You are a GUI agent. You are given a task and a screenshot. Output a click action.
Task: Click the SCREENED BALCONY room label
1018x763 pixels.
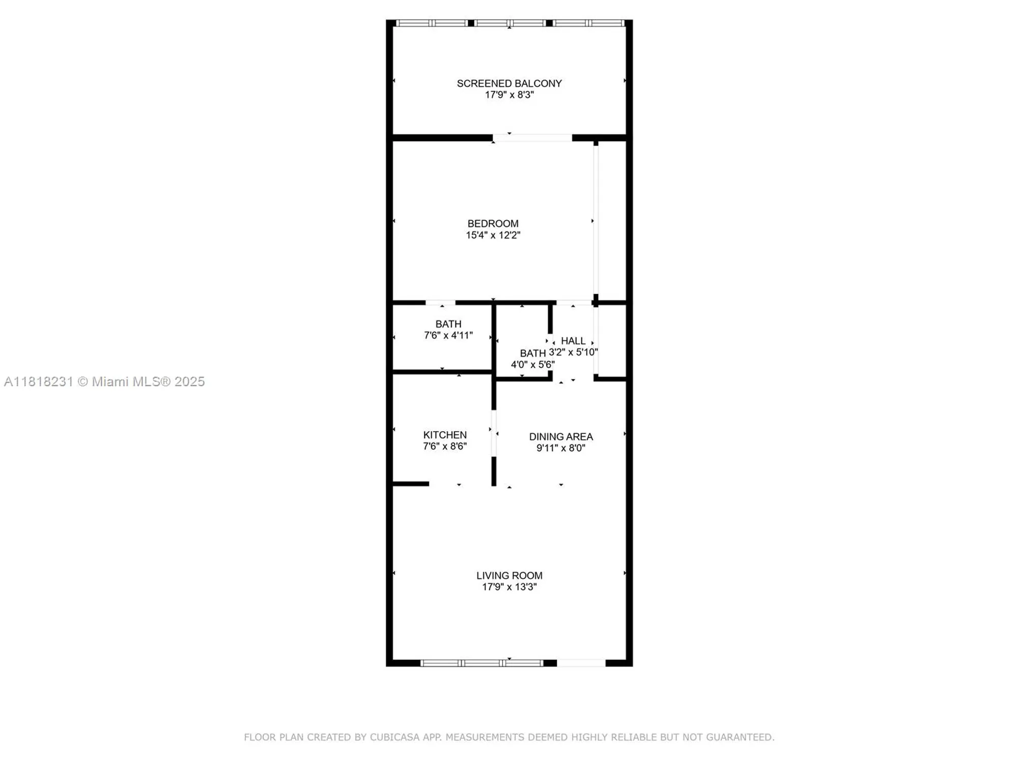509,83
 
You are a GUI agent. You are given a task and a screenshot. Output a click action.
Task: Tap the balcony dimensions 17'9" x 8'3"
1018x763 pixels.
509,95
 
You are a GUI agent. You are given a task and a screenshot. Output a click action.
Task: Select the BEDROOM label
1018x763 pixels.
493,224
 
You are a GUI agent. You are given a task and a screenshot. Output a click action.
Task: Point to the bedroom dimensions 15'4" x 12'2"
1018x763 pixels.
493,235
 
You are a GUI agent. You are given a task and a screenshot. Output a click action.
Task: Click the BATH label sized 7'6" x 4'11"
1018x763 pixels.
448,324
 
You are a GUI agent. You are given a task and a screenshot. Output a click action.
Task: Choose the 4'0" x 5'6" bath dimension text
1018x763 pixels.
532,365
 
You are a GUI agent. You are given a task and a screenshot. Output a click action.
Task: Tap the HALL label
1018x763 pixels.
573,341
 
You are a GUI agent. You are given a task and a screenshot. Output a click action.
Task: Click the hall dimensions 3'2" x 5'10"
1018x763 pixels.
573,352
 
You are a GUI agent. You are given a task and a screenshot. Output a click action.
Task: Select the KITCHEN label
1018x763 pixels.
445,435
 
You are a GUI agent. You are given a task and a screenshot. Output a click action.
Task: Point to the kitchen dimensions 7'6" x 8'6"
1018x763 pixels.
445,446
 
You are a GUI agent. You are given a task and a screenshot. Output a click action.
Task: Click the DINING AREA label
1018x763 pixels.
561,437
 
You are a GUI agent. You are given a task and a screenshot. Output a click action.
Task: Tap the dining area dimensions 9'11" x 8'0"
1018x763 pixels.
561,448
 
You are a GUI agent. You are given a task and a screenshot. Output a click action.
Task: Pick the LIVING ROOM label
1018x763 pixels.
509,575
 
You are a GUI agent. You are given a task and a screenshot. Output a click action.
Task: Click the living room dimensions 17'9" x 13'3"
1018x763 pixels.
509,587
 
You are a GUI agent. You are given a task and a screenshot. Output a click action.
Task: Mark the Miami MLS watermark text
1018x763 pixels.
104,382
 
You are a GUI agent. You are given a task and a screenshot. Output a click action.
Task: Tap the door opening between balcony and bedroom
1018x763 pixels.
532,138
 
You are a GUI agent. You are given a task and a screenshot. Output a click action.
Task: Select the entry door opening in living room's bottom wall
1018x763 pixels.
581,663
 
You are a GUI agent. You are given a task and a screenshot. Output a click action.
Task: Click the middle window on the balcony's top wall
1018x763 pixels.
510,23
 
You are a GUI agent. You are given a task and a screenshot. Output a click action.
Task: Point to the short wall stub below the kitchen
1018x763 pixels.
411,484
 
